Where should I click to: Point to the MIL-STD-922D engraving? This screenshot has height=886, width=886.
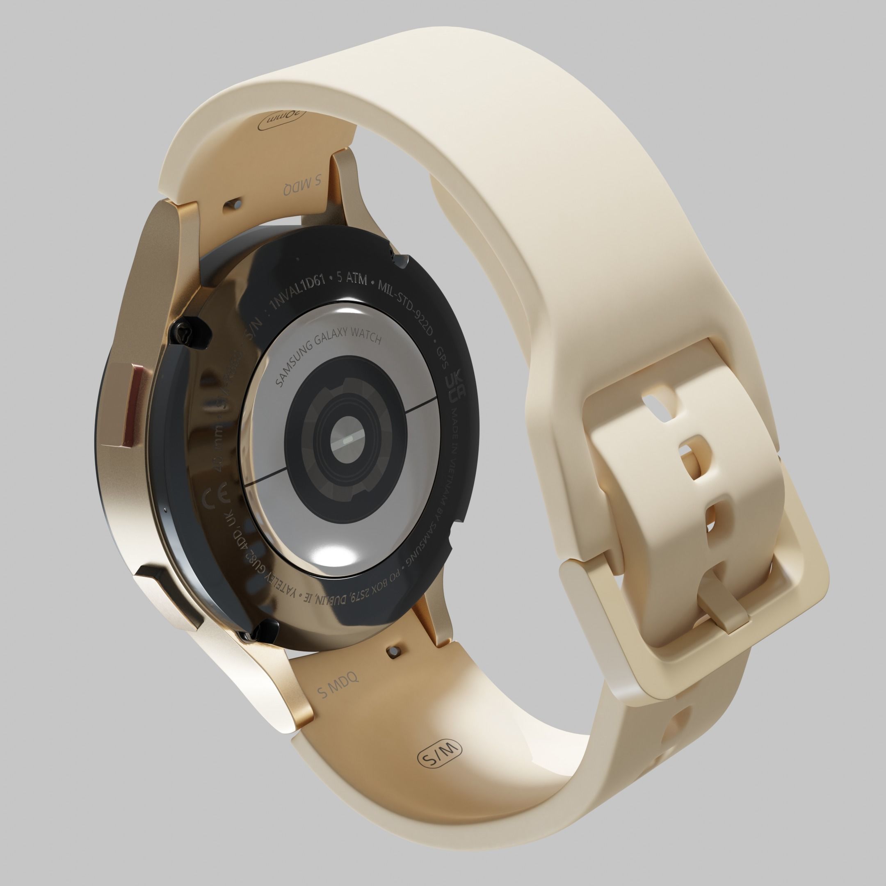[406, 304]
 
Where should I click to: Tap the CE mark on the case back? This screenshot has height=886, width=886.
[212, 498]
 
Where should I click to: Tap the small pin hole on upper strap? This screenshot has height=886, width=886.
[233, 205]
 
